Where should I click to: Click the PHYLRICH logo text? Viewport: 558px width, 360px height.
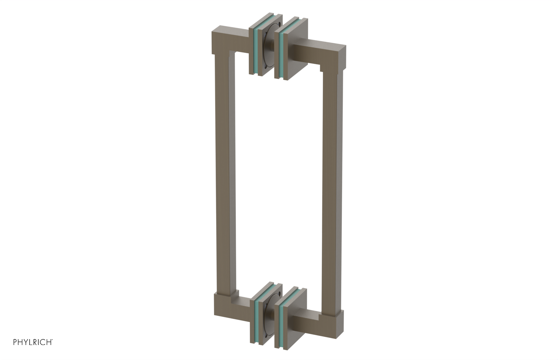point(33,342)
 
